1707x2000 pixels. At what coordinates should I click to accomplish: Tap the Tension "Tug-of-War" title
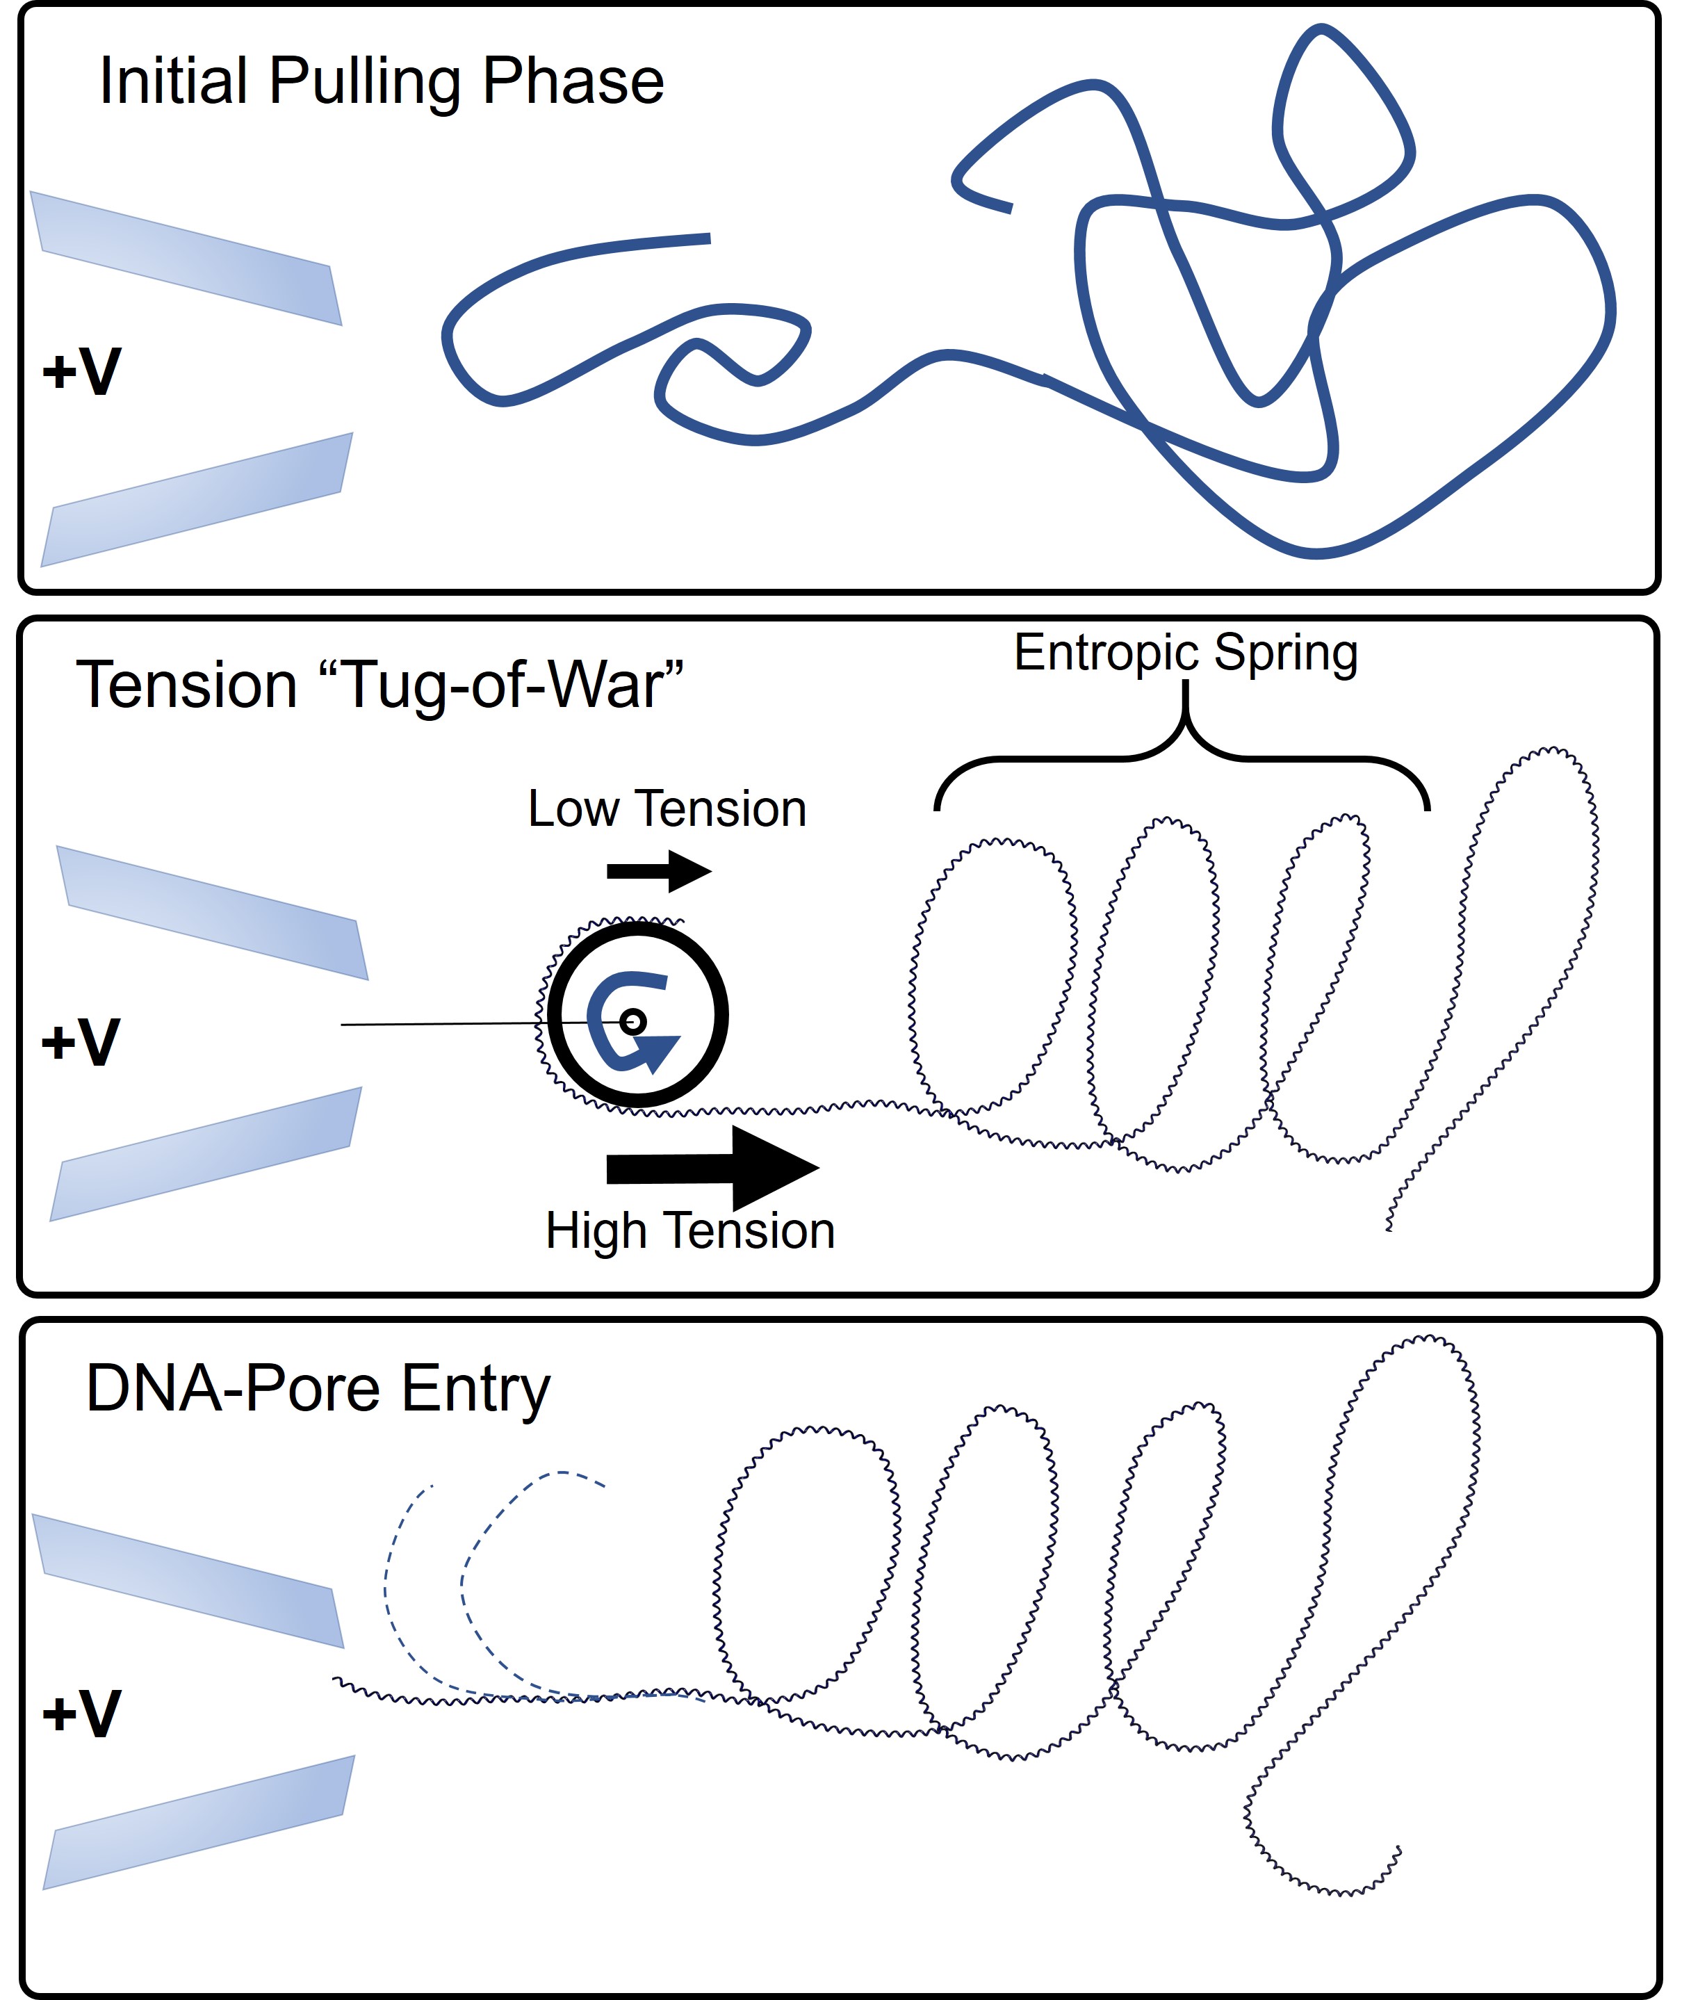[x=379, y=686]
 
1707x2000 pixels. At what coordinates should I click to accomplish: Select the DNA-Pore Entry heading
[x=318, y=1390]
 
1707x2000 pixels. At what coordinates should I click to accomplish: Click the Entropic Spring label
[x=1185, y=653]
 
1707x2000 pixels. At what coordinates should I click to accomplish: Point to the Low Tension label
[x=667, y=809]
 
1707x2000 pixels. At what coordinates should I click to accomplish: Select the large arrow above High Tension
[x=712, y=1168]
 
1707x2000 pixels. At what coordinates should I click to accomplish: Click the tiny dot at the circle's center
[x=633, y=1021]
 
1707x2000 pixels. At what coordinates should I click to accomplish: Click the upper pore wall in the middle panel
[x=212, y=912]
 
